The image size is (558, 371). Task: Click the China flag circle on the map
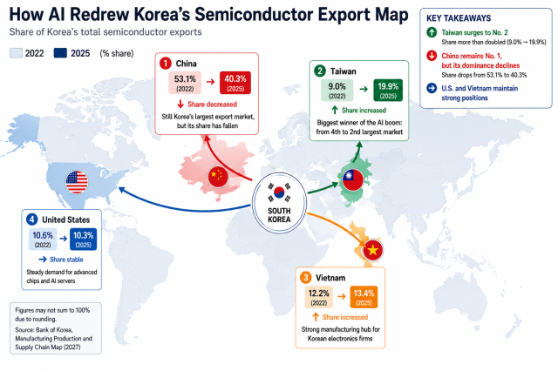218,176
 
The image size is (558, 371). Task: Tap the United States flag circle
77,182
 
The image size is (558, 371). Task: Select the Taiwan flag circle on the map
352,179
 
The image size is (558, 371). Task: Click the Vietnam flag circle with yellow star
372,250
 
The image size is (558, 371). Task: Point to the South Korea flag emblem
279,192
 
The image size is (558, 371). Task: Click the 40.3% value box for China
235,83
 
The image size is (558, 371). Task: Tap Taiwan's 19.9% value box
388,91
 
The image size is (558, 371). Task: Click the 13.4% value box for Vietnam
364,297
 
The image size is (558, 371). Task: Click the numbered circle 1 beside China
165,64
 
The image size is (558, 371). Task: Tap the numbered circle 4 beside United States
32,219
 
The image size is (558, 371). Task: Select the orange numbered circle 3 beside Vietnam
305,278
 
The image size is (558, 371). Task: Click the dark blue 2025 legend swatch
60,53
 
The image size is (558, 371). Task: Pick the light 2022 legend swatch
16,53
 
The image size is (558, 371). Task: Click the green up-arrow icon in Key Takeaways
432,33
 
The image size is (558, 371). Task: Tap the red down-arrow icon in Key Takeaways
432,56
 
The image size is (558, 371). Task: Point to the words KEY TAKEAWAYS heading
459,18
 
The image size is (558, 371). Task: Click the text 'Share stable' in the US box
66,260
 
